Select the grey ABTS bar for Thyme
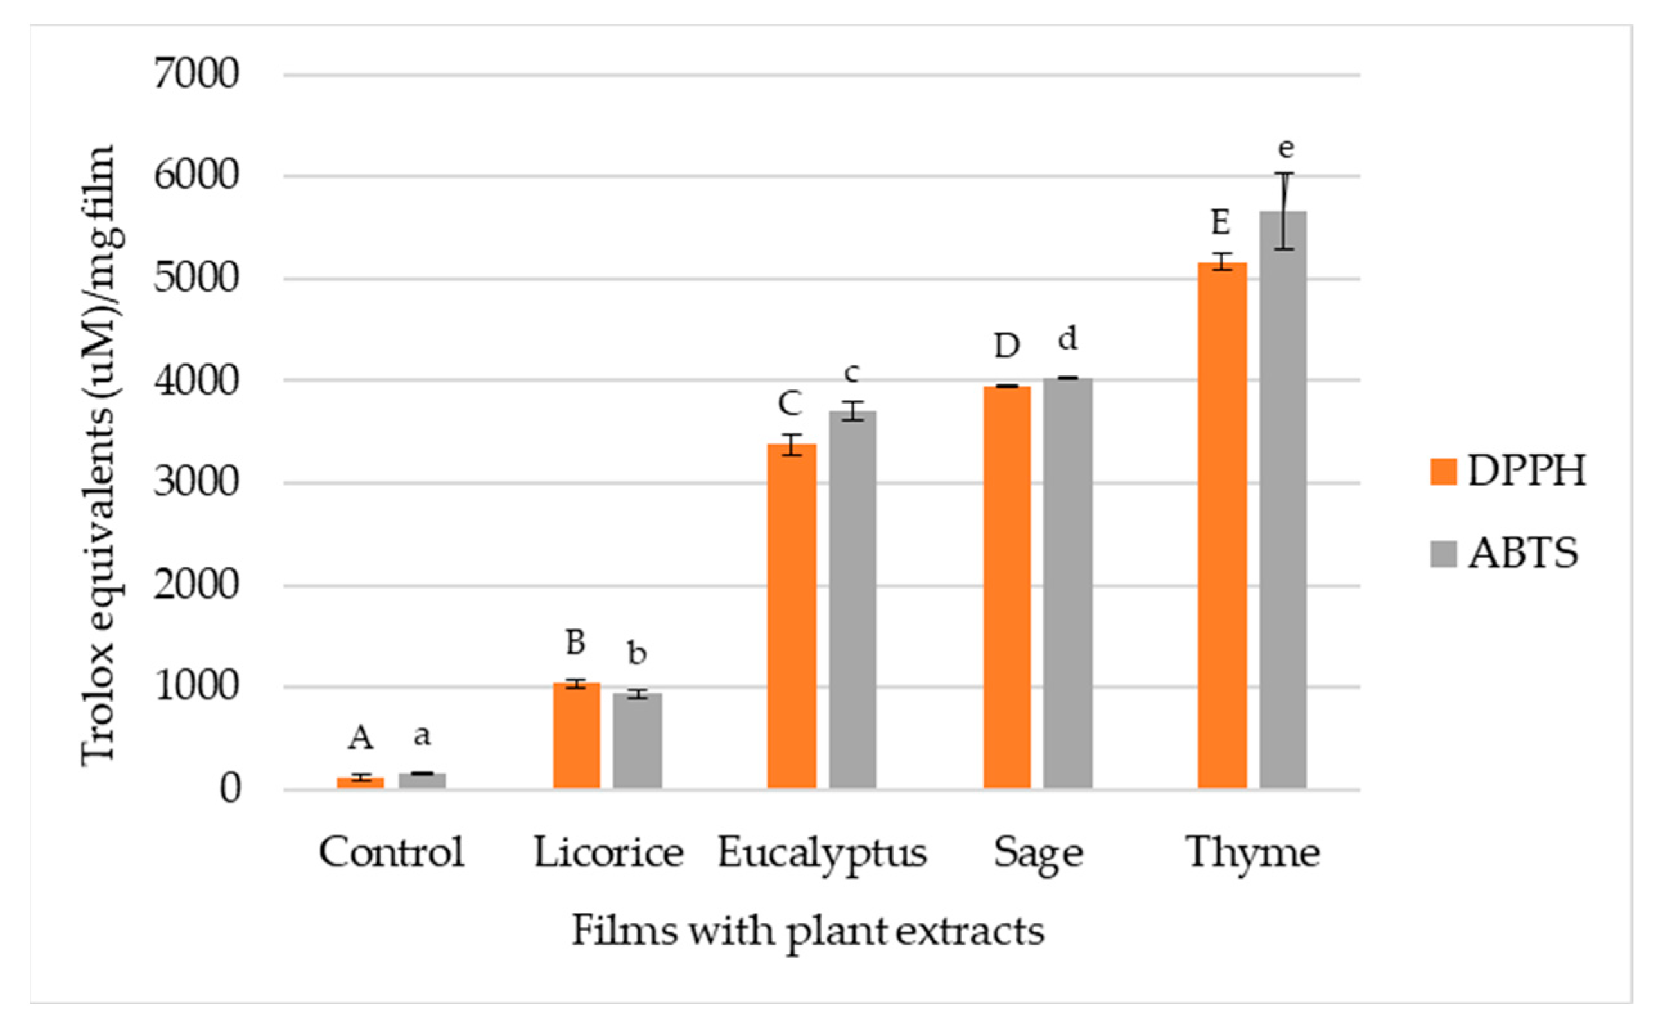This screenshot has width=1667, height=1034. point(1283,500)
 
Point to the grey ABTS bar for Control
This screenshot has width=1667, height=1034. point(422,780)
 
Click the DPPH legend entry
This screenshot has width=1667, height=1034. point(1508,470)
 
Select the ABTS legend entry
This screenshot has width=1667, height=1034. point(1504,553)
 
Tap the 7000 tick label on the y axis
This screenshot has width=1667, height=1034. point(196,74)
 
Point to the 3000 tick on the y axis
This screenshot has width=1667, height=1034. point(196,483)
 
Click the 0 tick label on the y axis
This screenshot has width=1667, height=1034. point(231,789)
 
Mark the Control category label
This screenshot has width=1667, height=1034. point(392,853)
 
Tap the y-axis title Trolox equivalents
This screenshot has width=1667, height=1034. point(99,455)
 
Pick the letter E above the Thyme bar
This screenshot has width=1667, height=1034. point(1221,223)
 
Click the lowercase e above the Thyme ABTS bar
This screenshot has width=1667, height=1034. point(1286,148)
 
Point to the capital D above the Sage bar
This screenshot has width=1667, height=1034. point(1007,347)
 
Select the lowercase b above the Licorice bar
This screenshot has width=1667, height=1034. point(637,653)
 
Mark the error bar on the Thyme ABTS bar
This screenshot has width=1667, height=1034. point(1284,211)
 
